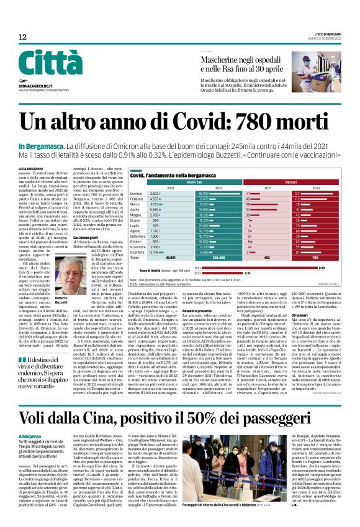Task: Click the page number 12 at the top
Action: pos(22,37)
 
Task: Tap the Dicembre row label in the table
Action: pos(138,252)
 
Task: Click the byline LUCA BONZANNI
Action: pos(31,169)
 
